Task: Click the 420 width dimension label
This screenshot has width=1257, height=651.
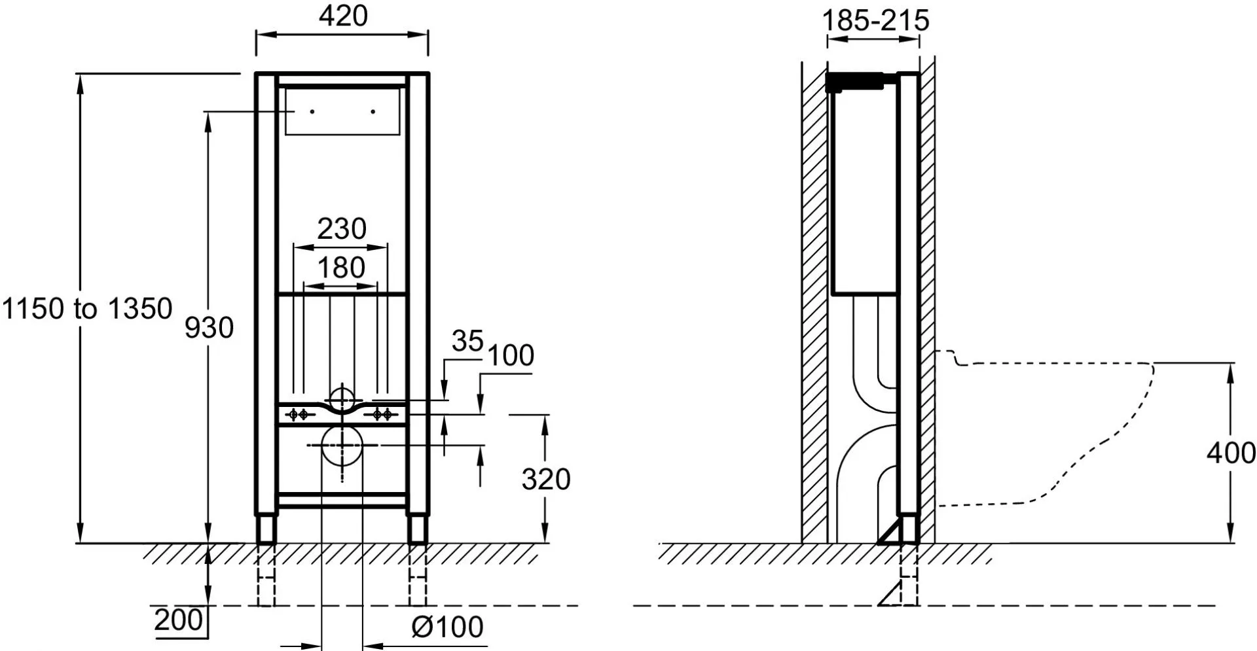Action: click(343, 16)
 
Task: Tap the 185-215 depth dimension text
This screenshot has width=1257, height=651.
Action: click(875, 20)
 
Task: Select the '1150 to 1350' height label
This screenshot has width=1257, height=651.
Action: click(87, 308)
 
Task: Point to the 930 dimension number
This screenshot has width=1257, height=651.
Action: click(209, 327)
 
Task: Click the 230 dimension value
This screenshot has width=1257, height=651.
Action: click(342, 229)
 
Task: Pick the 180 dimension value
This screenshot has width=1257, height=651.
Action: click(341, 268)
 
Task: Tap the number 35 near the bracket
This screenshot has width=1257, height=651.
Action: click(467, 341)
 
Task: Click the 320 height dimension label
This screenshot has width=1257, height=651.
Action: click(546, 480)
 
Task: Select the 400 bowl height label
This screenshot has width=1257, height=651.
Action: click(1231, 453)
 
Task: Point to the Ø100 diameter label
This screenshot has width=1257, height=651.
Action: click(448, 627)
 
